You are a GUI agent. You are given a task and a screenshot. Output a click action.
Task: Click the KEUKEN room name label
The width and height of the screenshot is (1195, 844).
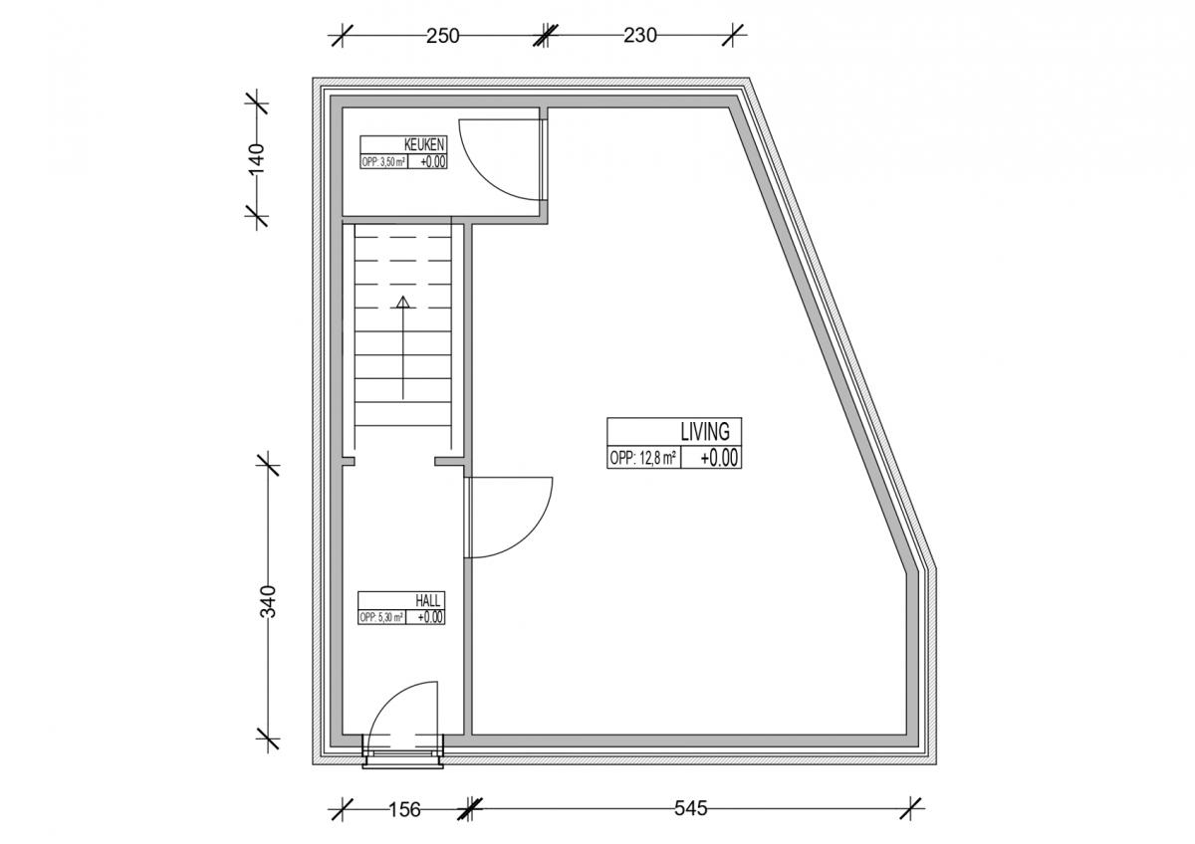tap(424, 144)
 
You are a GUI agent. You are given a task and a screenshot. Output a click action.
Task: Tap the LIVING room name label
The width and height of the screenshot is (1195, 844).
tap(705, 432)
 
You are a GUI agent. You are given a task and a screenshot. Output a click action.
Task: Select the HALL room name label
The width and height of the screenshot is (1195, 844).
tap(428, 601)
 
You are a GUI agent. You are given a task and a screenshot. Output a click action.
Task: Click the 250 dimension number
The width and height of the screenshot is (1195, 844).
tap(443, 36)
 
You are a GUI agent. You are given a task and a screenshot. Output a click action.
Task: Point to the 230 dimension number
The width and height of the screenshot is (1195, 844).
tap(640, 36)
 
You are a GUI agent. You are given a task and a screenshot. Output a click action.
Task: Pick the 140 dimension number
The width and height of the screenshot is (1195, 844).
tap(257, 158)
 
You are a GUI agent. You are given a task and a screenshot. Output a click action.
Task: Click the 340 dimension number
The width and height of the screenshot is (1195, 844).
tap(268, 601)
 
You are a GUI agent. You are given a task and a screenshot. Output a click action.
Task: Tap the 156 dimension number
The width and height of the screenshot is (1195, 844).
tap(404, 810)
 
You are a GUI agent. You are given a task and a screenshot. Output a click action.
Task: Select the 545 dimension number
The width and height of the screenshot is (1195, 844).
tap(691, 808)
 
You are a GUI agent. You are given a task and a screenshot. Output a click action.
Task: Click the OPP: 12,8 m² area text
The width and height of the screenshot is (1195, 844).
tap(643, 458)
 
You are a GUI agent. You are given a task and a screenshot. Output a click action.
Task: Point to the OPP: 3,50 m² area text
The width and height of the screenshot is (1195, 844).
tap(383, 162)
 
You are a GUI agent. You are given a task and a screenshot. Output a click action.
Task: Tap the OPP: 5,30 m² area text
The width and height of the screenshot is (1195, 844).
tap(380, 617)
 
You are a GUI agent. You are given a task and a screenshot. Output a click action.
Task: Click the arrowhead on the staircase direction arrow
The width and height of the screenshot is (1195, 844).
tap(402, 303)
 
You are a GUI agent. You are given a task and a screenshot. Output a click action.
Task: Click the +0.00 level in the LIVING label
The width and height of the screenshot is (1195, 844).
tap(719, 458)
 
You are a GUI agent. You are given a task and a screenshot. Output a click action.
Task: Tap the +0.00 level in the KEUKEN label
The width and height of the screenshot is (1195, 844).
tap(432, 162)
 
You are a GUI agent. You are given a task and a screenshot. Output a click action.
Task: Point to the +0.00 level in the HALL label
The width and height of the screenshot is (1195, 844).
tap(430, 617)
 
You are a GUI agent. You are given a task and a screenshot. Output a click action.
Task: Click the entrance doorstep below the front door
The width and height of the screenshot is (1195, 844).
tap(402, 760)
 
